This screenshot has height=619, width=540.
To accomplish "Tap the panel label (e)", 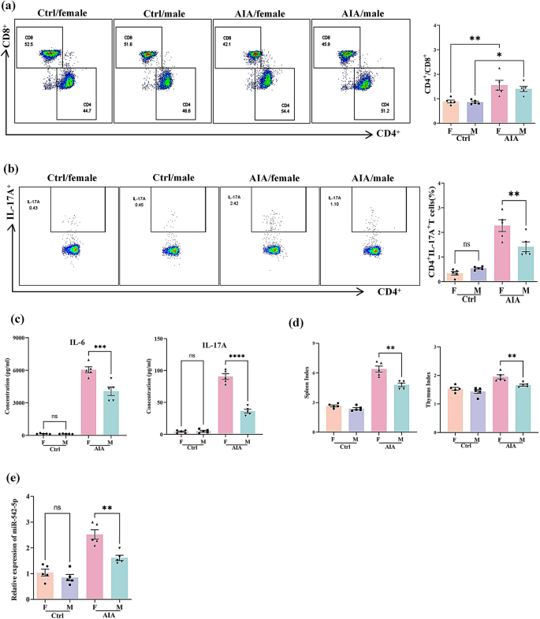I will point(11,480).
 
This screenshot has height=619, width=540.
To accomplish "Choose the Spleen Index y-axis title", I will point(294,387).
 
